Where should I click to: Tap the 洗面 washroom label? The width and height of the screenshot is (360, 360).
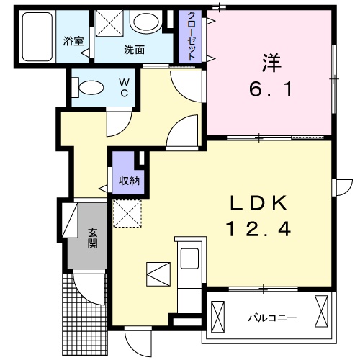tap(134, 50)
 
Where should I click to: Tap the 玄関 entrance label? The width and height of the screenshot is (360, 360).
tap(94, 238)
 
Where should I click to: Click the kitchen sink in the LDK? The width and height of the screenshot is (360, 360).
tap(192, 258)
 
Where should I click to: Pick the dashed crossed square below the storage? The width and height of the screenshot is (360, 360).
tap(127, 212)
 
